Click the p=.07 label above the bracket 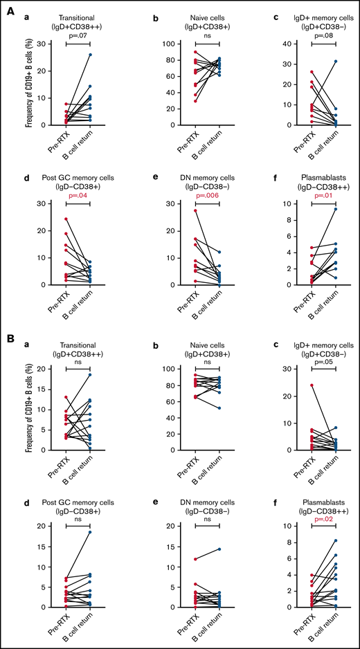click(x=78, y=33)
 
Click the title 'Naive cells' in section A click(x=201, y=13)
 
